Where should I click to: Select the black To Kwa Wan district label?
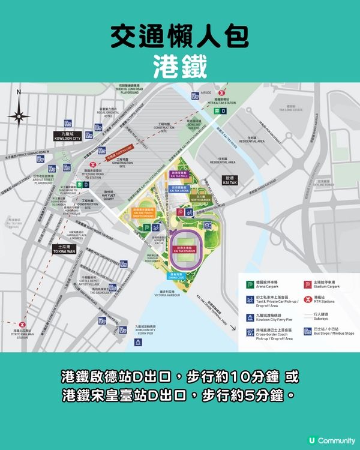coord(63,249)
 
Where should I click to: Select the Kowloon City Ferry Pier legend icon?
coord(248,319)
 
